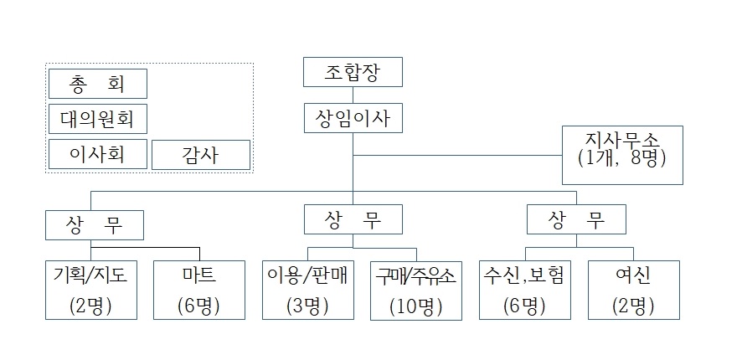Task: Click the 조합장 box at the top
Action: click(x=353, y=72)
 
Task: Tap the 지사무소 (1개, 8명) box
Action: click(x=622, y=155)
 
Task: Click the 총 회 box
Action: click(x=98, y=84)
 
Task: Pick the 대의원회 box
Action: click(x=98, y=119)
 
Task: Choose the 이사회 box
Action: click(x=98, y=154)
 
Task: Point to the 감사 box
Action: click(x=201, y=155)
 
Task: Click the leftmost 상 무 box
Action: click(x=94, y=225)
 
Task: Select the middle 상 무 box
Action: click(x=353, y=220)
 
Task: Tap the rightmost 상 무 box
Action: click(x=577, y=220)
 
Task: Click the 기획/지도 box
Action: click(x=91, y=290)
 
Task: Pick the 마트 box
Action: click(x=201, y=290)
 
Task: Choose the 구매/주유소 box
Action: click(x=416, y=290)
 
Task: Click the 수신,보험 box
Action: click(x=526, y=290)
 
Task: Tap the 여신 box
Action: click(x=632, y=290)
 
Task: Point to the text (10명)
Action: click(x=416, y=306)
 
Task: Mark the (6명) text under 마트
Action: click(x=201, y=306)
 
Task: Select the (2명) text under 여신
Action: click(x=632, y=306)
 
